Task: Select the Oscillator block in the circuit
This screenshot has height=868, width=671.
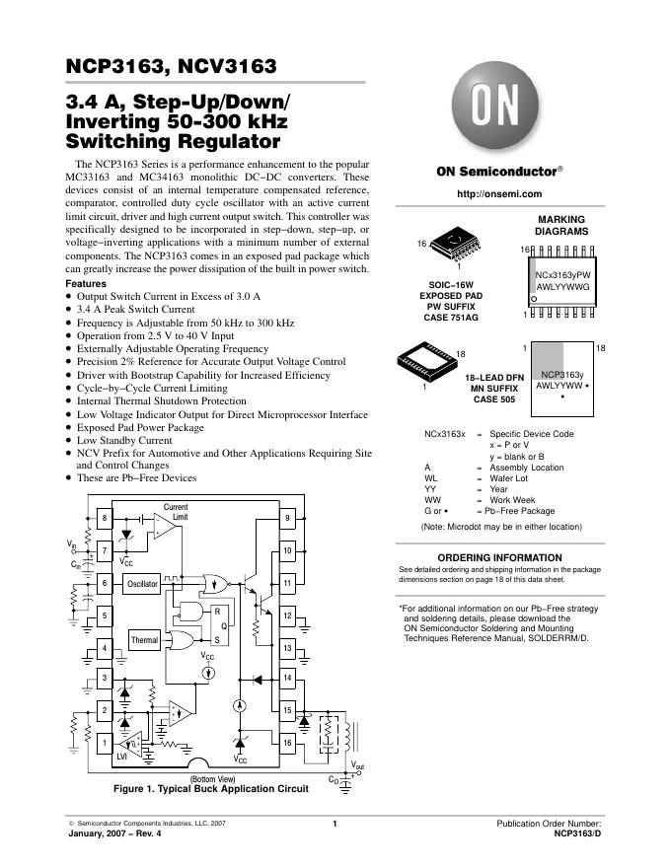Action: [142, 584]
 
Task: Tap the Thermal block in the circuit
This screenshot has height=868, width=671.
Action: [144, 640]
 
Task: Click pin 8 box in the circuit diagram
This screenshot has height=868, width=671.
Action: [104, 519]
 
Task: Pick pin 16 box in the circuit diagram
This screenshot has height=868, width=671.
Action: [287, 742]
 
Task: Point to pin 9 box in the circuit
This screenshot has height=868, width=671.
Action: [287, 519]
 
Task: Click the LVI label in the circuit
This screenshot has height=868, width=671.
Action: [122, 757]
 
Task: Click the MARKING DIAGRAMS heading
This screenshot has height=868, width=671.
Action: [561, 225]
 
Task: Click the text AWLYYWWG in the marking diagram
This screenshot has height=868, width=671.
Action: [562, 286]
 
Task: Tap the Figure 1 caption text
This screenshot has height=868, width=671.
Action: [204, 789]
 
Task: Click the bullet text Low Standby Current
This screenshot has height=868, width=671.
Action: [128, 440]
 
